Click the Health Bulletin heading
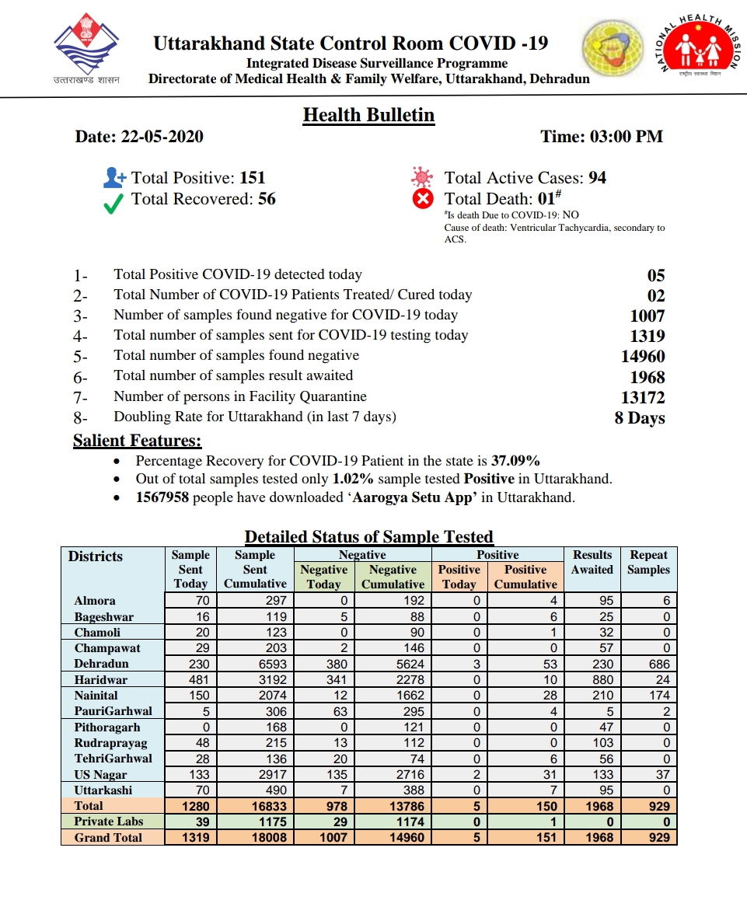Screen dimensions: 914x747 point(368,115)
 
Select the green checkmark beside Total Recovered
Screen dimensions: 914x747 point(114,202)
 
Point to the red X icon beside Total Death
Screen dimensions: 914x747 point(423,200)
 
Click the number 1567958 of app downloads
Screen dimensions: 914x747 point(162,497)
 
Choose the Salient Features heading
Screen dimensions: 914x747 point(137,441)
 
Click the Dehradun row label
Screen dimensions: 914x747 point(101,664)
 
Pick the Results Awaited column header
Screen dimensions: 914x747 point(592,562)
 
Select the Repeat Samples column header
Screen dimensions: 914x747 point(648,562)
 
